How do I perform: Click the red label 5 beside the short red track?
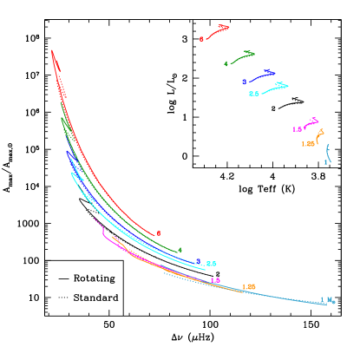201,39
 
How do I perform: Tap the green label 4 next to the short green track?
226,63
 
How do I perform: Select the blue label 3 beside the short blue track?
244,82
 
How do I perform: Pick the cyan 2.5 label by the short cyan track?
253,94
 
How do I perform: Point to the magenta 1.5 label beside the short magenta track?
297,129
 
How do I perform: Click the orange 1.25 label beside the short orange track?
307,144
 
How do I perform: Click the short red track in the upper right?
218,31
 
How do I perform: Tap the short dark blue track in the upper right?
262,75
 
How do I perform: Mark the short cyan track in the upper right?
275,88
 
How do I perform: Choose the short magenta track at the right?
311,123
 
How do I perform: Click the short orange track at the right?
320,135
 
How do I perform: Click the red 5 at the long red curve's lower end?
159,233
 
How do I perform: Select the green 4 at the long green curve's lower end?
180,251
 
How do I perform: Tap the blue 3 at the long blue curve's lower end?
199,260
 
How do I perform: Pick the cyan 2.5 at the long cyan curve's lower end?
211,264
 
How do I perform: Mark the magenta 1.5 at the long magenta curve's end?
215,280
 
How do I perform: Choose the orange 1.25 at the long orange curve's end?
249,287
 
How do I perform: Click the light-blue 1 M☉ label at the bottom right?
327,301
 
